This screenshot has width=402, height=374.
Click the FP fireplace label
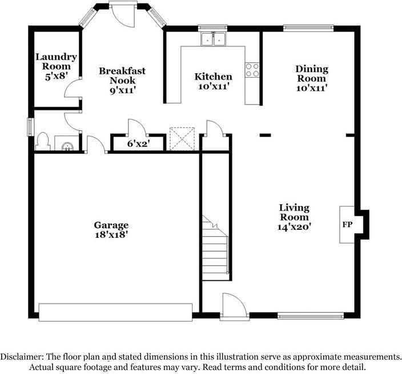347,225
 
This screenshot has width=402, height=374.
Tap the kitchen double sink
213,39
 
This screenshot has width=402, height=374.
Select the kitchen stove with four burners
252,70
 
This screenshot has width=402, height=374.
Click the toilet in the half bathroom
43,141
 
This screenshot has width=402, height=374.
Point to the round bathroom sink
68,146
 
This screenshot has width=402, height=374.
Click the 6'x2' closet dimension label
138,144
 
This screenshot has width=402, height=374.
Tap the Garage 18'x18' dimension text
111,234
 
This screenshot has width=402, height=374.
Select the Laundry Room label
56,61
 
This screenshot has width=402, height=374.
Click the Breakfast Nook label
122,75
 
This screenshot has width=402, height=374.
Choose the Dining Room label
312,73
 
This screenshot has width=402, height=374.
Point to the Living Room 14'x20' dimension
294,226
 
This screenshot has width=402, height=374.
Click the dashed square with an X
182,139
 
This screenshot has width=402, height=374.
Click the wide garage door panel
115,312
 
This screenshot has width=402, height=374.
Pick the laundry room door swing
73,88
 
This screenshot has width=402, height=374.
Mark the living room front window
311,316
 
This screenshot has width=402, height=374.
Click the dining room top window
308,28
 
